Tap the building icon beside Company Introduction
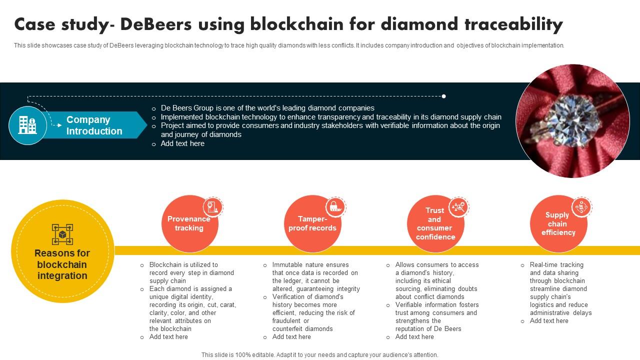pyautogui.click(x=27, y=125)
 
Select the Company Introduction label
pyautogui.click(x=94, y=125)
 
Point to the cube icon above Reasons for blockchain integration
pyautogui.click(x=62, y=234)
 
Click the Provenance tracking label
pyautogui.click(x=188, y=223)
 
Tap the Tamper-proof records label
pyautogui.click(x=312, y=223)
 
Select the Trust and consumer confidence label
pyautogui.click(x=435, y=224)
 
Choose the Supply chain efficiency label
pyautogui.click(x=558, y=223)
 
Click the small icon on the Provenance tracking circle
pyautogui.click(x=213, y=207)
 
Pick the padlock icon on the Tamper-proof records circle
pyautogui.click(x=335, y=207)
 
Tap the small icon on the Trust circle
pyautogui.click(x=458, y=207)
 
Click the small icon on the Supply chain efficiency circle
pyautogui.click(x=581, y=206)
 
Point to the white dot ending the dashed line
pyautogui.click(x=443, y=96)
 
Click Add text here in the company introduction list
pyautogui.click(x=182, y=143)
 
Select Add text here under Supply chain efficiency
pyautogui.click(x=549, y=321)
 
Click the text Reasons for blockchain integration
pyautogui.click(x=62, y=264)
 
